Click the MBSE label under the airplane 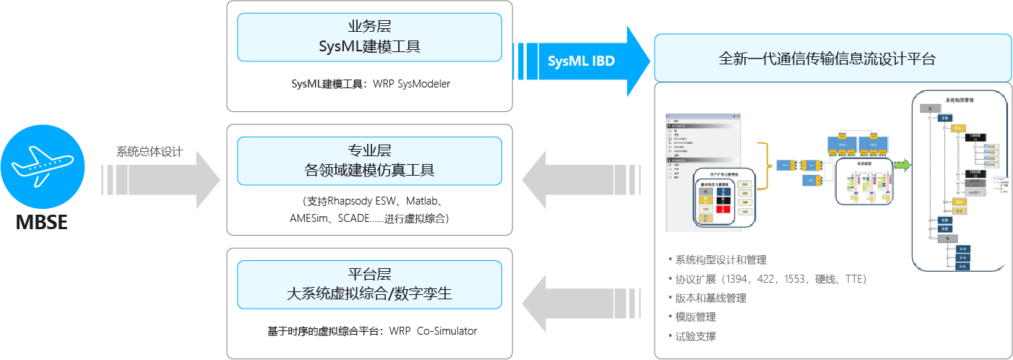[42, 222]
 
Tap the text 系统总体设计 [150, 153]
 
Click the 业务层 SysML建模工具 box [369, 38]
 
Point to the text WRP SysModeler [411, 84]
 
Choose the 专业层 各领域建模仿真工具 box [369, 161]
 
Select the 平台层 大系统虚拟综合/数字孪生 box [369, 285]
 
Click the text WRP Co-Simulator [433, 331]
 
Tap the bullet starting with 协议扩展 [770, 279]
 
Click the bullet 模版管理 [696, 317]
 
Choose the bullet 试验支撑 [696, 336]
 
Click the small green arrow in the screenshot [902, 166]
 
